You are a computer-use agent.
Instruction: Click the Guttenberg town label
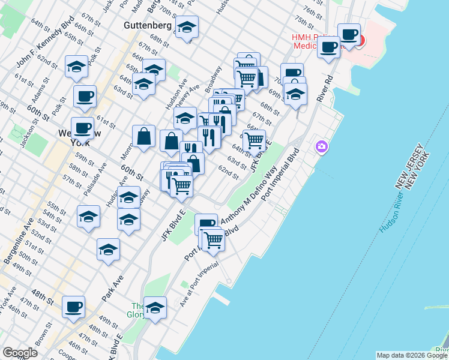click(148, 26)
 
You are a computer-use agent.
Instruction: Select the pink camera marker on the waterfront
click(322, 146)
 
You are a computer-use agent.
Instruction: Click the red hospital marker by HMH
click(359, 41)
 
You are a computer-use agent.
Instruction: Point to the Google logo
click(20, 353)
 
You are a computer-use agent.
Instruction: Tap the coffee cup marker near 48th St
click(74, 307)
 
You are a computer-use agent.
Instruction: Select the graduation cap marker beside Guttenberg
click(187, 27)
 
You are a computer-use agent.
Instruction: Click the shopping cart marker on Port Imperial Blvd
click(213, 239)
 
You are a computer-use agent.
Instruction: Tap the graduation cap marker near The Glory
click(155, 308)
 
